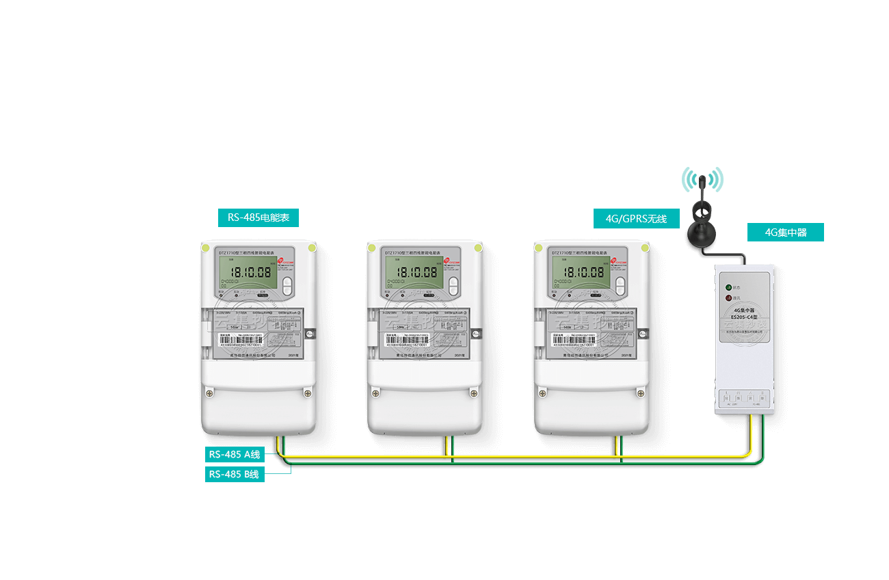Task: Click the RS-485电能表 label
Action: [258, 218]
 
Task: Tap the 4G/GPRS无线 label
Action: [636, 219]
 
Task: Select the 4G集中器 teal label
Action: [785, 233]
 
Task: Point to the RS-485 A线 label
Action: [235, 454]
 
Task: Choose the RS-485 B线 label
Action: [235, 474]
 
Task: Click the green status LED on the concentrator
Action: [728, 288]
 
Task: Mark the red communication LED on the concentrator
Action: [728, 298]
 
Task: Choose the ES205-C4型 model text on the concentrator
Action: [745, 317]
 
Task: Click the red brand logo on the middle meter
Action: [447, 261]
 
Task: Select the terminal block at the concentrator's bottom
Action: [745, 398]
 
